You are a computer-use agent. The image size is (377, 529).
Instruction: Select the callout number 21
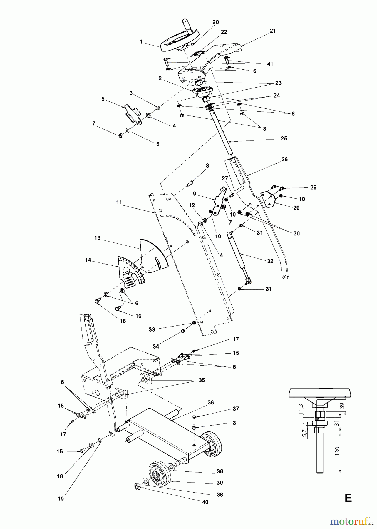click(x=273, y=31)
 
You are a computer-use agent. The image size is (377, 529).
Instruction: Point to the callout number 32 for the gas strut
click(x=270, y=261)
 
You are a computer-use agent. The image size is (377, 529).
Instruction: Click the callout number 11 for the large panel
click(x=119, y=202)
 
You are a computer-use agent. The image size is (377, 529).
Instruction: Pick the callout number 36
click(x=211, y=402)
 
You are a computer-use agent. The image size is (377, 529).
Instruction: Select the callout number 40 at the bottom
click(x=205, y=502)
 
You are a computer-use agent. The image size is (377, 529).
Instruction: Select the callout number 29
click(x=296, y=208)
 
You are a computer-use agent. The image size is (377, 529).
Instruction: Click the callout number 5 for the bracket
click(x=103, y=99)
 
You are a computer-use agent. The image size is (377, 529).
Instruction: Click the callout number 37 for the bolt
click(x=235, y=409)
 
